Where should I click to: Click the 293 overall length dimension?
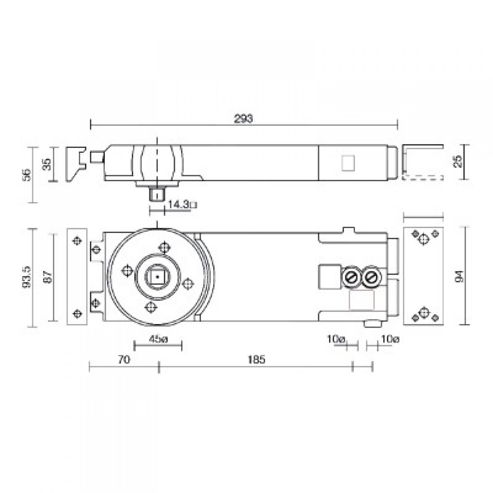[x=244, y=119]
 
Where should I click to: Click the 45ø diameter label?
[x=157, y=339]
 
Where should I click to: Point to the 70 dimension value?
[x=124, y=359]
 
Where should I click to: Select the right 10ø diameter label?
[x=389, y=339]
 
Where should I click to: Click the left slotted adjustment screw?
[x=350, y=278]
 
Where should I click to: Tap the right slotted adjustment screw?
[x=370, y=278]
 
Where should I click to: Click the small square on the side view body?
[x=348, y=162]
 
